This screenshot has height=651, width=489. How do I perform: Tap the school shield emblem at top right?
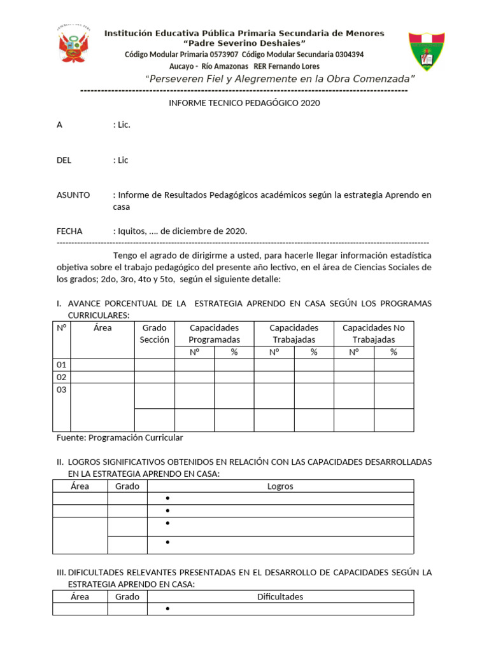(427, 50)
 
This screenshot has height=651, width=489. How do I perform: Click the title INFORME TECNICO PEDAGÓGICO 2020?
(244, 103)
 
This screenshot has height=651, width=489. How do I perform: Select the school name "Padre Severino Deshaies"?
(244, 43)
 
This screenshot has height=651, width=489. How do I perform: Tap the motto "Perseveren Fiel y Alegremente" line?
(280, 79)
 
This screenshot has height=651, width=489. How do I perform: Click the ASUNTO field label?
(73, 195)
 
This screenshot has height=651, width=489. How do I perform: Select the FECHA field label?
(69, 231)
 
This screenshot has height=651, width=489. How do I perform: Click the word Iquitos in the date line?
(131, 231)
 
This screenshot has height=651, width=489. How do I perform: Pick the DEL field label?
(64, 160)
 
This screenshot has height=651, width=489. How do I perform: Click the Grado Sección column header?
(154, 334)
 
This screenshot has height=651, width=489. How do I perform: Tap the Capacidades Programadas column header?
(214, 334)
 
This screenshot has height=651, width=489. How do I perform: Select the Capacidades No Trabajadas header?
(373, 334)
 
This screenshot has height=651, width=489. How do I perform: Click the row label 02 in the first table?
(62, 377)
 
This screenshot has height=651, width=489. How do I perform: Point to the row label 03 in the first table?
(62, 390)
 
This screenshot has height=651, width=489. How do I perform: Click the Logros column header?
(280, 486)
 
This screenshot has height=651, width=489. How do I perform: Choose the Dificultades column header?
(280, 597)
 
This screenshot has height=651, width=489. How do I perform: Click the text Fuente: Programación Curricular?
(120, 437)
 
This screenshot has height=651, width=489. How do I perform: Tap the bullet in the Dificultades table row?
(167, 610)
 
